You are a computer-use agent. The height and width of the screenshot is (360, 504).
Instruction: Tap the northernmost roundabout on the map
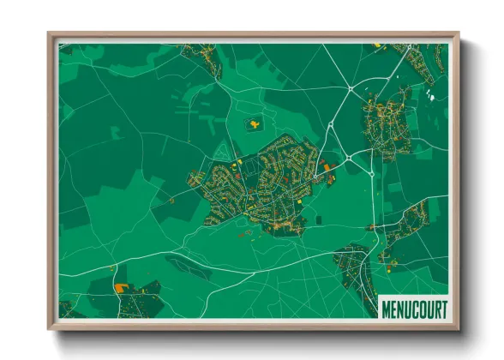coord(351,88)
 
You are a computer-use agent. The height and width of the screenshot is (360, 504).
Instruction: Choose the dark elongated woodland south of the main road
coord(189,268)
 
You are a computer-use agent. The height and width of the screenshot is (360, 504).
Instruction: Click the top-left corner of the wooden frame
coord(50,34)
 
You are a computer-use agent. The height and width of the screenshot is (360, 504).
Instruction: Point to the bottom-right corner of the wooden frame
coord(458,328)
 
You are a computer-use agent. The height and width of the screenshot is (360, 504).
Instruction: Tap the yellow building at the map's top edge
coord(376,45)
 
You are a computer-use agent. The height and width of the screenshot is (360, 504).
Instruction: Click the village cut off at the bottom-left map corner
coord(67,309)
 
